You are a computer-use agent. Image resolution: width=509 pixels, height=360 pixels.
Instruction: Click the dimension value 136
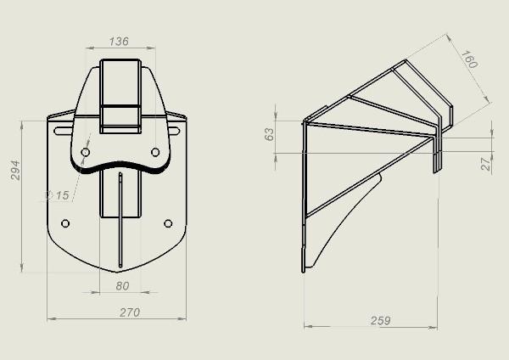point(119,42)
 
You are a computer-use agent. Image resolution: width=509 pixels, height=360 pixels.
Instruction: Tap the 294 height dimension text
point(15,171)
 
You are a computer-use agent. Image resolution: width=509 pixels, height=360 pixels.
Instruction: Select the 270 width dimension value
point(130,312)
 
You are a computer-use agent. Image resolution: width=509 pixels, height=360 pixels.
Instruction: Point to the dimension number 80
point(122,286)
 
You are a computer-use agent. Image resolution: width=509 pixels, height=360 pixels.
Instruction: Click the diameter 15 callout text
point(57,195)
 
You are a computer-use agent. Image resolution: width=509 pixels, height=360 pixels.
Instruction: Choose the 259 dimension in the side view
point(380,321)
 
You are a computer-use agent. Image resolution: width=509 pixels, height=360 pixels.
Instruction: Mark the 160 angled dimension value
point(469,59)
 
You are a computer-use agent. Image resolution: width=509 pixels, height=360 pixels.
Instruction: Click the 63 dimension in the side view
point(270,134)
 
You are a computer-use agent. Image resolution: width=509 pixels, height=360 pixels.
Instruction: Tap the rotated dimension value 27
point(485,164)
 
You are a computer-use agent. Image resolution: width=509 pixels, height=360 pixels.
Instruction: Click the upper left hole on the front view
point(86,152)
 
